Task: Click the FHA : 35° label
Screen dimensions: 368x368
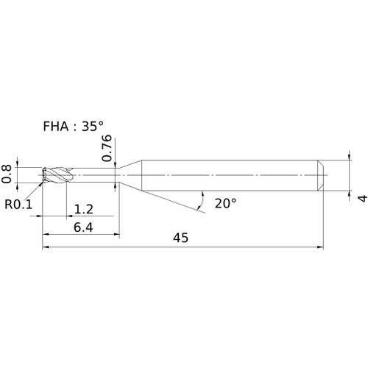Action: [73, 127]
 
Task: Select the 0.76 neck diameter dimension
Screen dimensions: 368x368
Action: [107, 148]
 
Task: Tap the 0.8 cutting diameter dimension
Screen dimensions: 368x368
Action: [7, 174]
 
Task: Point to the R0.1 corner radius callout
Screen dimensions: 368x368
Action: [18, 204]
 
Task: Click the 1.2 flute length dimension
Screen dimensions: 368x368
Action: [84, 209]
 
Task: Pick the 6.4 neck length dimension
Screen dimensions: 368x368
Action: [83, 227]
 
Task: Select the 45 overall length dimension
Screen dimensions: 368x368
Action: [181, 238]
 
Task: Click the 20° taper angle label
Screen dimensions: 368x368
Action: [225, 203]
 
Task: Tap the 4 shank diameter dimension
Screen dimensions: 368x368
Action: [362, 198]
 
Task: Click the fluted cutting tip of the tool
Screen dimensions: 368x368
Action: [57, 175]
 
